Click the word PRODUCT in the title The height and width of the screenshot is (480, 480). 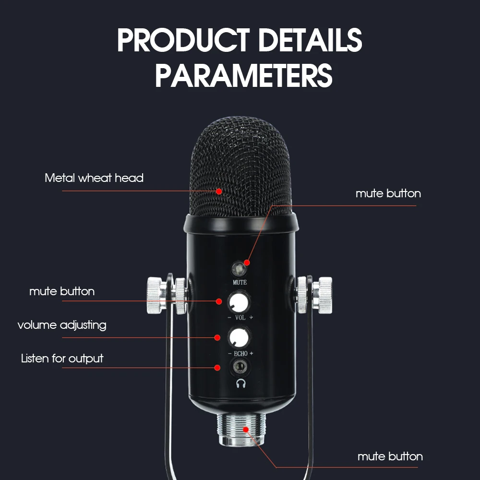coord(183,40)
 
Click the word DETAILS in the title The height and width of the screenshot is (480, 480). coord(311,40)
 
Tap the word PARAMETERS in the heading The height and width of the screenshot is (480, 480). coord(244,75)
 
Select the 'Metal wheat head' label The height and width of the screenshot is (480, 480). coord(94,178)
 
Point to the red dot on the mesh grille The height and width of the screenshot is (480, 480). coord(218,192)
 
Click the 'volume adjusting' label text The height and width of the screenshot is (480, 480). coord(62,325)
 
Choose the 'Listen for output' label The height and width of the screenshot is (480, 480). coord(62,359)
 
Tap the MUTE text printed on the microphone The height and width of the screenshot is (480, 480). coord(240,282)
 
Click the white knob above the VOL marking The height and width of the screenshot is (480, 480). coord(239,302)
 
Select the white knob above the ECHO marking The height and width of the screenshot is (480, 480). coord(239,338)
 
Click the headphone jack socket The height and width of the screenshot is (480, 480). coord(240,367)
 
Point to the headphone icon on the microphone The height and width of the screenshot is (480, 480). coord(241,383)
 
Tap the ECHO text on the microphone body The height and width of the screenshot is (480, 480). coord(240,354)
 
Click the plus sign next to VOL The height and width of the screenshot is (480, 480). coord(251,317)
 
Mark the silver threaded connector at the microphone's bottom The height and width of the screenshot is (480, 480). coord(241,429)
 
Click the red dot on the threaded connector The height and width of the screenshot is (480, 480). coord(245,430)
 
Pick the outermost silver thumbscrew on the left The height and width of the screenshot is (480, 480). coord(156,295)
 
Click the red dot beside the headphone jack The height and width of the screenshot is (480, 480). coord(217,367)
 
